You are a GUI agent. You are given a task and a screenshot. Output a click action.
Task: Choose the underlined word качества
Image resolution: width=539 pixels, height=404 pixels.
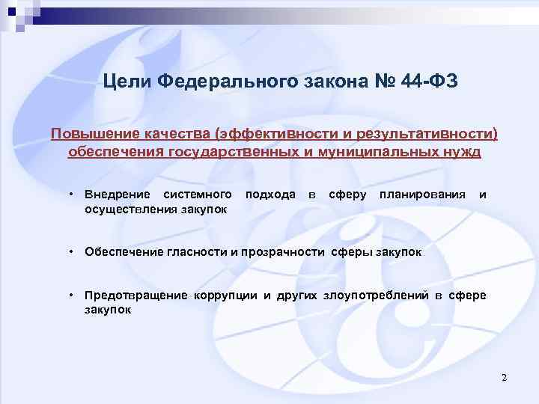(171, 134)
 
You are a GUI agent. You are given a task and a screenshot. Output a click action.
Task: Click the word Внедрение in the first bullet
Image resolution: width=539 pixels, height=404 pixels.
(117, 195)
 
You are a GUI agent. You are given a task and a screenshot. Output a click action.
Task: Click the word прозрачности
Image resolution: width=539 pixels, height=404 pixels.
(287, 252)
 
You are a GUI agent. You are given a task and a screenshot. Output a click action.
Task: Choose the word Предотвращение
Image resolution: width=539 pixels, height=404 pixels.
(135, 295)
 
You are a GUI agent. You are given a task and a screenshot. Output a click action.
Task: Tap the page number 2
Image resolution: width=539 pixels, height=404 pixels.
(505, 377)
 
